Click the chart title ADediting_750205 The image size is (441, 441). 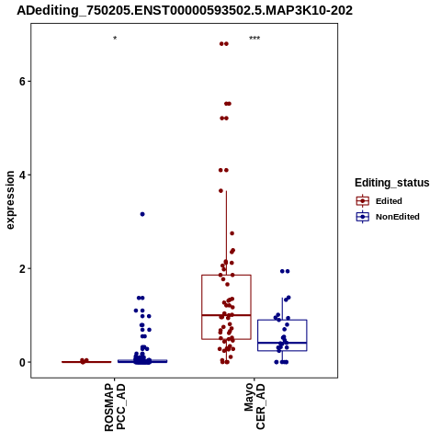185,10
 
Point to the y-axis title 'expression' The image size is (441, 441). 10,200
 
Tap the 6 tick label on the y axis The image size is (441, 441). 21,82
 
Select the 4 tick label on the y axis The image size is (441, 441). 21,175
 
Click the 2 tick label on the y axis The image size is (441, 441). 21,269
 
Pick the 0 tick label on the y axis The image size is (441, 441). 21,362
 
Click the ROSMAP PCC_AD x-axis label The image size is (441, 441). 115,407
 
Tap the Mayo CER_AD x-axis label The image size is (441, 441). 254,406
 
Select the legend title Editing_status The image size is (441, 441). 392,183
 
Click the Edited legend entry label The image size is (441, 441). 389,201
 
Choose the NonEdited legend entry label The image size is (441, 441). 398,217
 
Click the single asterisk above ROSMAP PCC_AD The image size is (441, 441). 115,39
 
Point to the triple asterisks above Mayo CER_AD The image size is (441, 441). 254,39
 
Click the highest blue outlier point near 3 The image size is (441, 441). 142,214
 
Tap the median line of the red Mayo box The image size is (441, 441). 226,315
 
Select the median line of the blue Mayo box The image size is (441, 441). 282,343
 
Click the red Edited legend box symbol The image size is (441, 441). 363,201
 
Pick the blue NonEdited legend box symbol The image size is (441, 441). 363,217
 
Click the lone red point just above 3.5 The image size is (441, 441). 220,191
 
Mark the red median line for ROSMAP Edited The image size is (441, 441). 86,362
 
